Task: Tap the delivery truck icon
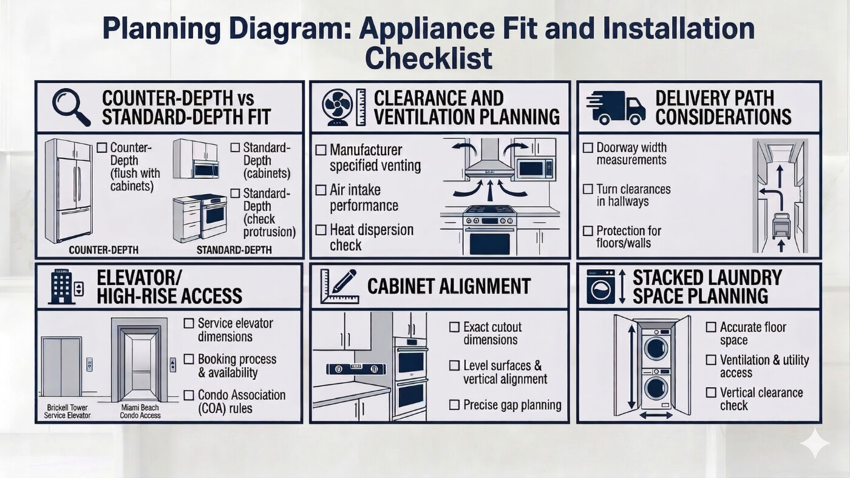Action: point(615,107)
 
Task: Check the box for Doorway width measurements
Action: point(588,147)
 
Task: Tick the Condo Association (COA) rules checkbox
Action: point(189,395)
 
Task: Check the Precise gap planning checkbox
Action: point(454,405)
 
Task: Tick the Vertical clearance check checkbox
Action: point(711,392)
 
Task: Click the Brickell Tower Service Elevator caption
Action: point(67,411)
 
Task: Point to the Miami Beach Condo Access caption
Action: point(141,411)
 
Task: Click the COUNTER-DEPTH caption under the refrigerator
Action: point(103,250)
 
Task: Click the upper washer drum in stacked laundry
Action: point(656,348)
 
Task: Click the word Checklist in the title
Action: point(428,59)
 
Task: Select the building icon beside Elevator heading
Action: point(62,288)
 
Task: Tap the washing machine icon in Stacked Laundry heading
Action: point(600,288)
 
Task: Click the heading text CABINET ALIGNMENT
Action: point(449,286)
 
